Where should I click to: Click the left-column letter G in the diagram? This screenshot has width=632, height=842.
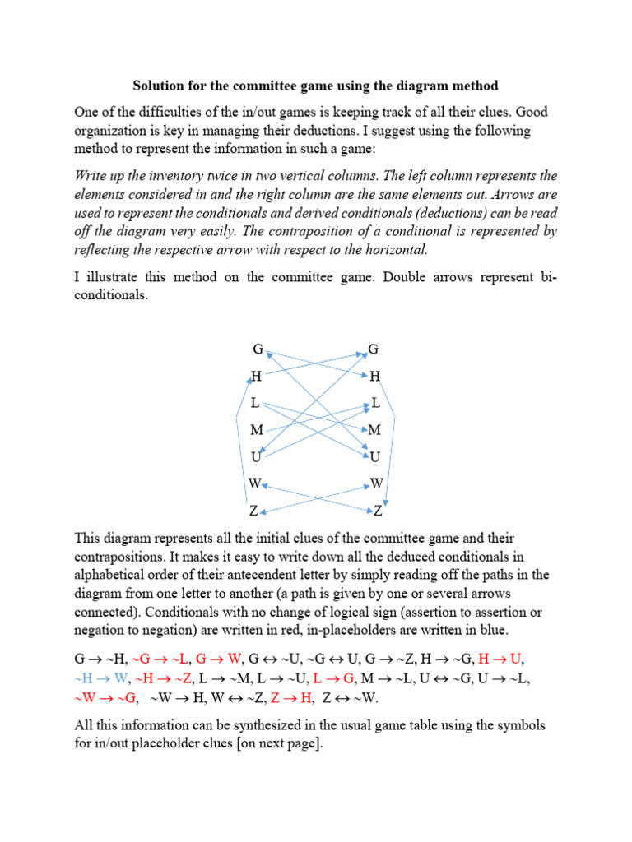click(x=258, y=349)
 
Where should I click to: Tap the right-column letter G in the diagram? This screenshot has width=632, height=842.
click(x=373, y=349)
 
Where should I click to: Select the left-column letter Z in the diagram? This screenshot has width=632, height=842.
click(x=255, y=511)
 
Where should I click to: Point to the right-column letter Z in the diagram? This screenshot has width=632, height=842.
click(x=378, y=511)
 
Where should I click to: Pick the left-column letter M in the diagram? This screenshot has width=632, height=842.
click(x=257, y=430)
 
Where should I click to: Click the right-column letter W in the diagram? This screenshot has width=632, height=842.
click(x=377, y=483)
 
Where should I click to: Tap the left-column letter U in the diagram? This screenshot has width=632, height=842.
click(x=256, y=457)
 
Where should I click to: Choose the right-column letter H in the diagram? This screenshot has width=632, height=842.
click(x=375, y=377)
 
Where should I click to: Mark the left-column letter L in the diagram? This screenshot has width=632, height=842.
click(x=255, y=403)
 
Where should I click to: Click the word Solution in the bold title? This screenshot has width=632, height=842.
click(x=161, y=86)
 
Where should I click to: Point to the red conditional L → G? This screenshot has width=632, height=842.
click(x=334, y=678)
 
